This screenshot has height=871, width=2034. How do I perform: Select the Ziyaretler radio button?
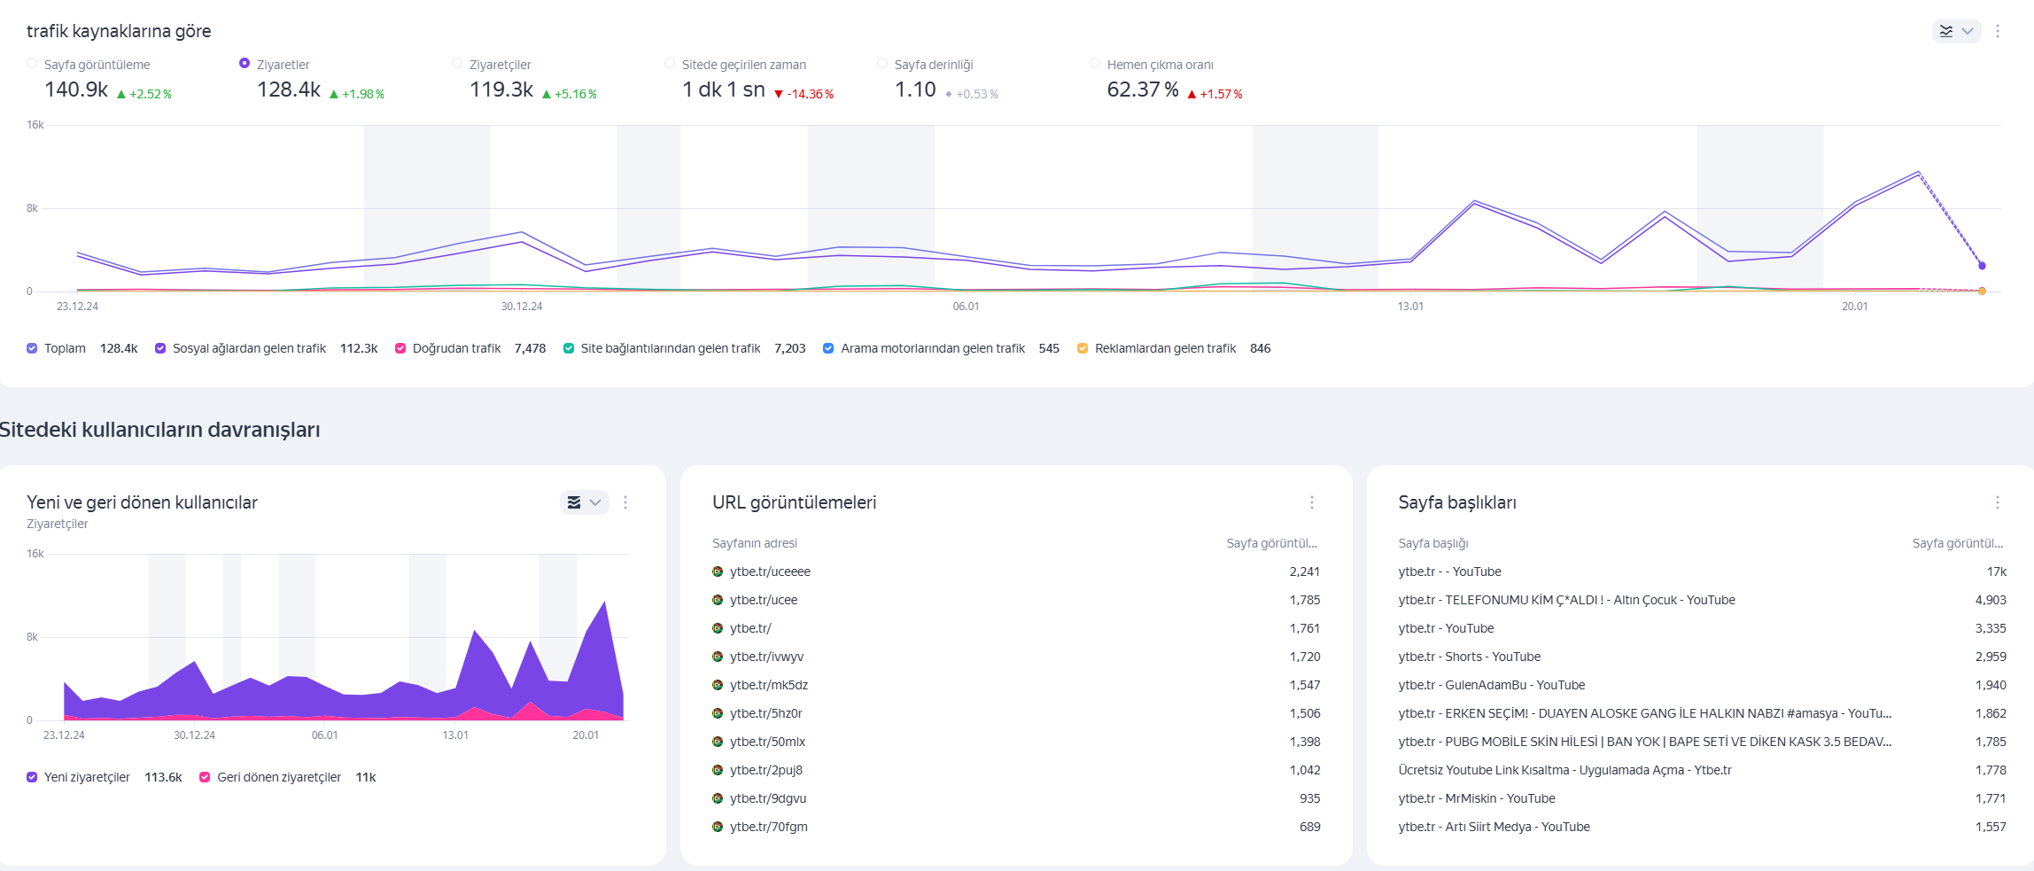[245, 63]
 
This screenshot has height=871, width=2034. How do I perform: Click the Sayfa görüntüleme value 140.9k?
[76, 89]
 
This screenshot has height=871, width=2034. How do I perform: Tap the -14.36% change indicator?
[804, 94]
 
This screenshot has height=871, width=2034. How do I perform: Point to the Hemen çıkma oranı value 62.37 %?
[1143, 89]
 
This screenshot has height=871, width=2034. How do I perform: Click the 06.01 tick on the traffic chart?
[966, 307]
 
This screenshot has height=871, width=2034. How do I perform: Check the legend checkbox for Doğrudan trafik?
[400, 348]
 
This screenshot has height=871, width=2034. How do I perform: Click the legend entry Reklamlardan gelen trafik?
[1165, 348]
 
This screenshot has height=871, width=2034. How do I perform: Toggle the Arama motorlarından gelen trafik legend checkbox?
[828, 348]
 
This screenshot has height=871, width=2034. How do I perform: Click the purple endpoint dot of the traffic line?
[1982, 265]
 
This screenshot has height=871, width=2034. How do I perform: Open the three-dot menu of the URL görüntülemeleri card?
[1312, 502]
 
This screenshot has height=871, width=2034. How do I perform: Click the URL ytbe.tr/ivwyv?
[766, 657]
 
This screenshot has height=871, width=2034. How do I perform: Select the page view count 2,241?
[1304, 572]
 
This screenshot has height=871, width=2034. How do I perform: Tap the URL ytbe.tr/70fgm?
[768, 827]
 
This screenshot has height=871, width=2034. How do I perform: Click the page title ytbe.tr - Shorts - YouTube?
[1469, 657]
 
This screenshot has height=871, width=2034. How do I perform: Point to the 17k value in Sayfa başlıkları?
[1996, 572]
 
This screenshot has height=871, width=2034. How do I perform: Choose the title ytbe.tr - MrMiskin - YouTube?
[1476, 798]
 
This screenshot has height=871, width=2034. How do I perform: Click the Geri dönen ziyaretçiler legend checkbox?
[205, 777]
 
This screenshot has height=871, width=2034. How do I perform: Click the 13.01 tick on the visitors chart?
[455, 735]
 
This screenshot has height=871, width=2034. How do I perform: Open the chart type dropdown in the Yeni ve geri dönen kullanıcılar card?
[585, 502]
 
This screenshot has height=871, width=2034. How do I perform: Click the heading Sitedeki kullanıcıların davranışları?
[160, 430]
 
